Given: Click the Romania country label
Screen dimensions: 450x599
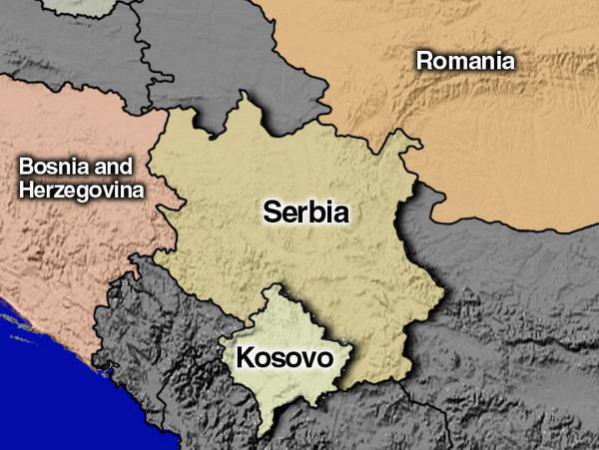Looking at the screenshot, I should pyautogui.click(x=465, y=61).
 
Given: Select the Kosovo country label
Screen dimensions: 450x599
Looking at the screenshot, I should pyautogui.click(x=284, y=356).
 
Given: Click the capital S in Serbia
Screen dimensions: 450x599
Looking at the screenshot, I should pyautogui.click(x=273, y=212).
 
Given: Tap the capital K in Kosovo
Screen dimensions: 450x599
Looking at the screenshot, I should pyautogui.click(x=245, y=356).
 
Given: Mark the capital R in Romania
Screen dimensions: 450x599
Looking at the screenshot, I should pyautogui.click(x=424, y=61).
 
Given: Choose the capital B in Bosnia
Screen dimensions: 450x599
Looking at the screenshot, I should pyautogui.click(x=27, y=167).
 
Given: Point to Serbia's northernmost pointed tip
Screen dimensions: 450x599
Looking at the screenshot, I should pyautogui.click(x=241, y=96).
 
